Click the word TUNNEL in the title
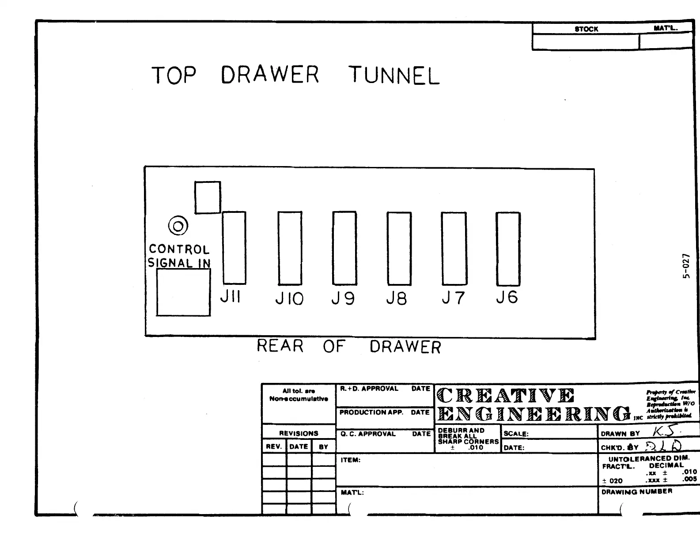pos(394,76)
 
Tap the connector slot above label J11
pos(234,248)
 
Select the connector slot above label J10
pos(290,248)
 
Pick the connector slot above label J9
pos(344,248)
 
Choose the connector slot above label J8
pos(399,248)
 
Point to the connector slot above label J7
pos(454,248)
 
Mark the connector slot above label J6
pos(508,249)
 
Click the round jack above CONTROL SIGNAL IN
pos(178,226)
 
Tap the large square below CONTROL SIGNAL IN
pos(183,292)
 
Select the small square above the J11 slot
pos(208,197)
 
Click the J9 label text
pos(343,299)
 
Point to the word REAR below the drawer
pos(280,346)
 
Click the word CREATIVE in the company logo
pos(506,395)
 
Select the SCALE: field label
pos(516,434)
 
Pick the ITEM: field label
pos(351,460)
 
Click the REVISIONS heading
pos(299,433)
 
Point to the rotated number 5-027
pos(685,266)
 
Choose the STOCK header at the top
pos(586,29)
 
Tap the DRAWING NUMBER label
pos(636,491)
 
